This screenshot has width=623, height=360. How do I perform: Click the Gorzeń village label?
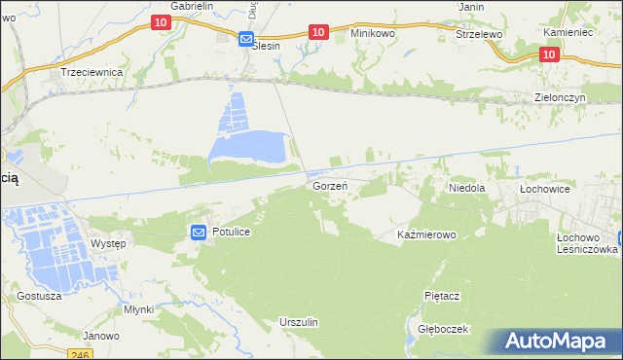coord(330,185)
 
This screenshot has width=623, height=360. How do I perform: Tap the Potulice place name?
coord(232,233)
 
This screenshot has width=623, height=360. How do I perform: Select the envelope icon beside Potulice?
coord(198,233)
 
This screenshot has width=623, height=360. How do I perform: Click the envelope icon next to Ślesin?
coord(246,39)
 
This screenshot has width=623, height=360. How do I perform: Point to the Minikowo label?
coord(373,33)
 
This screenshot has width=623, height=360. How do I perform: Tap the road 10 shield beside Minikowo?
coord(317,32)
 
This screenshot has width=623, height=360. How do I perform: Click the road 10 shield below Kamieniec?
coord(549,54)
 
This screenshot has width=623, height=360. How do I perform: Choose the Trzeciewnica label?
coord(91,72)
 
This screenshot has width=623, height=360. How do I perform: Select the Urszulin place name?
coord(299,321)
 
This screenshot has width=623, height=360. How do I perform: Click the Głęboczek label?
coord(442,329)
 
